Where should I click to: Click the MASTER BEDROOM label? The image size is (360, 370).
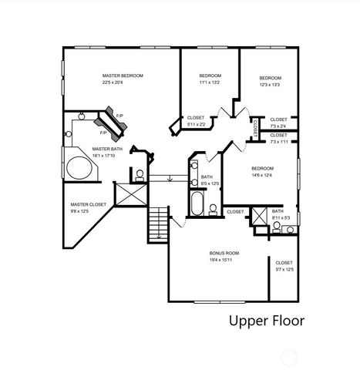coord(123,76)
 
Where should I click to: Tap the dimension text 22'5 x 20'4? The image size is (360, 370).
coord(123,82)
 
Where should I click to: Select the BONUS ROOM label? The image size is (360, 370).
coord(224,253)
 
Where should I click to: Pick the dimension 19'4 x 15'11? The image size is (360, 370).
coord(224,260)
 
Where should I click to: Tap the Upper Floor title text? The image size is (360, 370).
coord(266,320)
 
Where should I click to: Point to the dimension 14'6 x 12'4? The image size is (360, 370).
coord(261,174)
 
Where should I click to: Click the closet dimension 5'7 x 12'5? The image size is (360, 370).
coord(284,270)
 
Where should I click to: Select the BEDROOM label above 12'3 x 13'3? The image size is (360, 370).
coord(270,78)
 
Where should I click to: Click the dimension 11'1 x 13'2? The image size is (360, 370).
coord(210,82)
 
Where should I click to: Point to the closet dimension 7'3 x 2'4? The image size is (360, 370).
coord(279,126)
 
